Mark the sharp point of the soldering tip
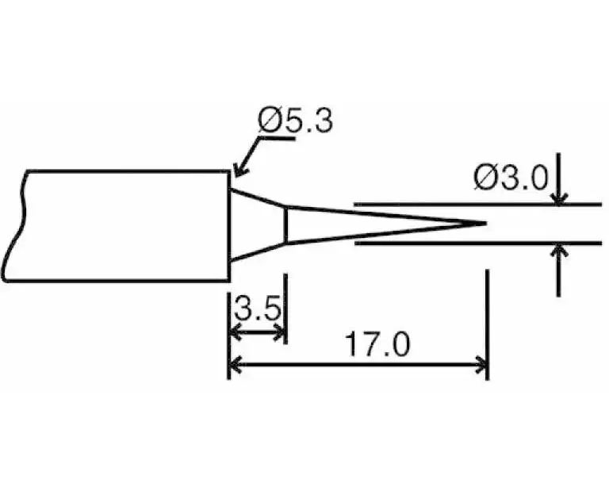point(485,223)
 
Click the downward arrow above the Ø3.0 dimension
point(560,198)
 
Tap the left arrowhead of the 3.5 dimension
point(234,332)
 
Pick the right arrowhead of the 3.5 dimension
point(280,332)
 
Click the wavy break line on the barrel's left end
point(17,226)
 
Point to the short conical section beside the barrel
point(258,224)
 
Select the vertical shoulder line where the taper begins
point(285,224)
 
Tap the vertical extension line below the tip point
point(487,317)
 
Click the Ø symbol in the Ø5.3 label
point(267,122)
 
